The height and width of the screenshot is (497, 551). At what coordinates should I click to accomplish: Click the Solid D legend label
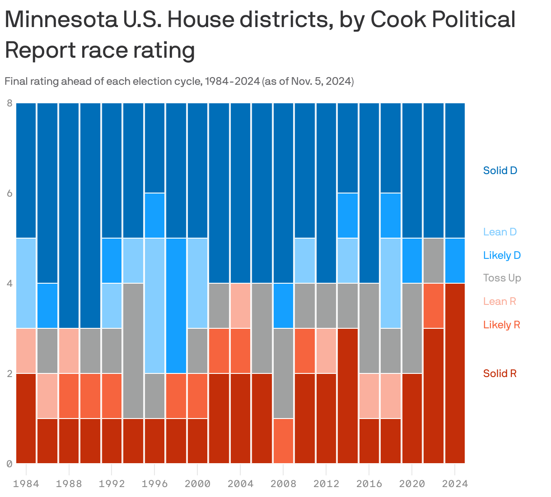pos(500,170)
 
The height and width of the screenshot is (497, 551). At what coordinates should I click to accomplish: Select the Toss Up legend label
pos(502,278)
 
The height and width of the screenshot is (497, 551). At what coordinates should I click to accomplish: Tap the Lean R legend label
pos(499,301)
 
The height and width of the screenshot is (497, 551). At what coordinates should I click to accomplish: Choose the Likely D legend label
pos(502,255)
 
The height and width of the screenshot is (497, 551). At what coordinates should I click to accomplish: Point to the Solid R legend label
pos(500,373)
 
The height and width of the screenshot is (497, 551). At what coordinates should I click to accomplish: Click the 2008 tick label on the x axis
pos(283,484)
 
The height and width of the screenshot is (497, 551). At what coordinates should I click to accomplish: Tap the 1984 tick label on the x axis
pos(26,484)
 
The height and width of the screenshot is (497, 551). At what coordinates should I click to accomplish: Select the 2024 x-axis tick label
pos(455,484)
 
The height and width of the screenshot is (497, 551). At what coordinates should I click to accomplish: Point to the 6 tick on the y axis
pos(9,193)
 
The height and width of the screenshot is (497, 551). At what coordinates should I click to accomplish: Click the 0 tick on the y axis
pos(9,464)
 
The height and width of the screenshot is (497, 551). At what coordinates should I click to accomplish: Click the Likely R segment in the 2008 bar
pos(283,441)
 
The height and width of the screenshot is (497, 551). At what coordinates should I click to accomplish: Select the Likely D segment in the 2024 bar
pos(455,261)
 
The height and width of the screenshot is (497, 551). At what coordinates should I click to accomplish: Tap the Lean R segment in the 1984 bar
pos(26,351)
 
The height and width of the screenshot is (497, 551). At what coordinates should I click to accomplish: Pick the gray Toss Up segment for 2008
pos(283,373)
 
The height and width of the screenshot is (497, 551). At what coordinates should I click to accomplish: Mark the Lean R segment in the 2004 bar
pos(240,306)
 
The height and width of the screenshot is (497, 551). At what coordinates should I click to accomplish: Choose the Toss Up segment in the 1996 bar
pos(154,396)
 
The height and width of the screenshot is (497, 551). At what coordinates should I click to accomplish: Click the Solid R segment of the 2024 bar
pos(455,373)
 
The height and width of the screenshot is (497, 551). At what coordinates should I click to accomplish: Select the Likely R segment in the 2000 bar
pos(197,396)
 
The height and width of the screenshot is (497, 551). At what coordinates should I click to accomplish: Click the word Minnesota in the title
pos(58,20)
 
